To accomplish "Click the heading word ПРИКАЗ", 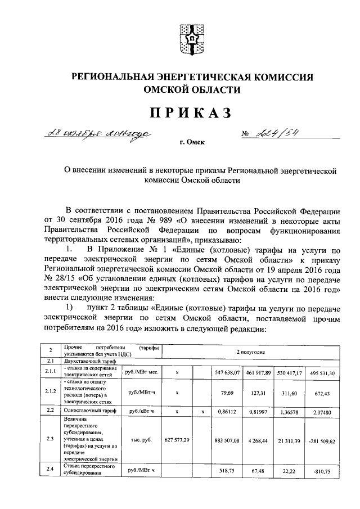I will click(x=190, y=113).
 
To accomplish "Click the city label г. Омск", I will click(x=192, y=144).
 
